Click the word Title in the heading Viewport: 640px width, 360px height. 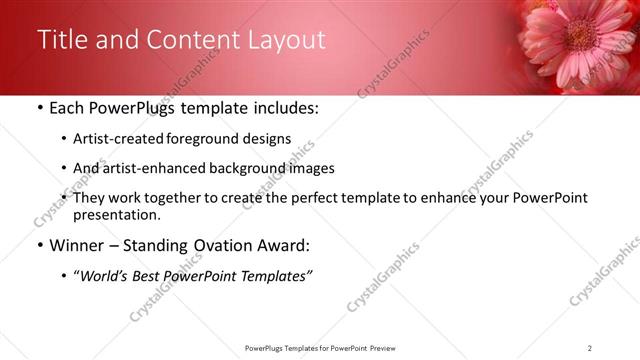(61, 40)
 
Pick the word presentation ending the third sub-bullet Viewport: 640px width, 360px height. (116, 214)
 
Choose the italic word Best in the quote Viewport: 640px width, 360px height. (147, 276)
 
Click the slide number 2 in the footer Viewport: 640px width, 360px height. (589, 347)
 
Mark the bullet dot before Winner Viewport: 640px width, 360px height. (39, 246)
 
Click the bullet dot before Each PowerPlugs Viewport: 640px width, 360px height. (39, 108)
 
